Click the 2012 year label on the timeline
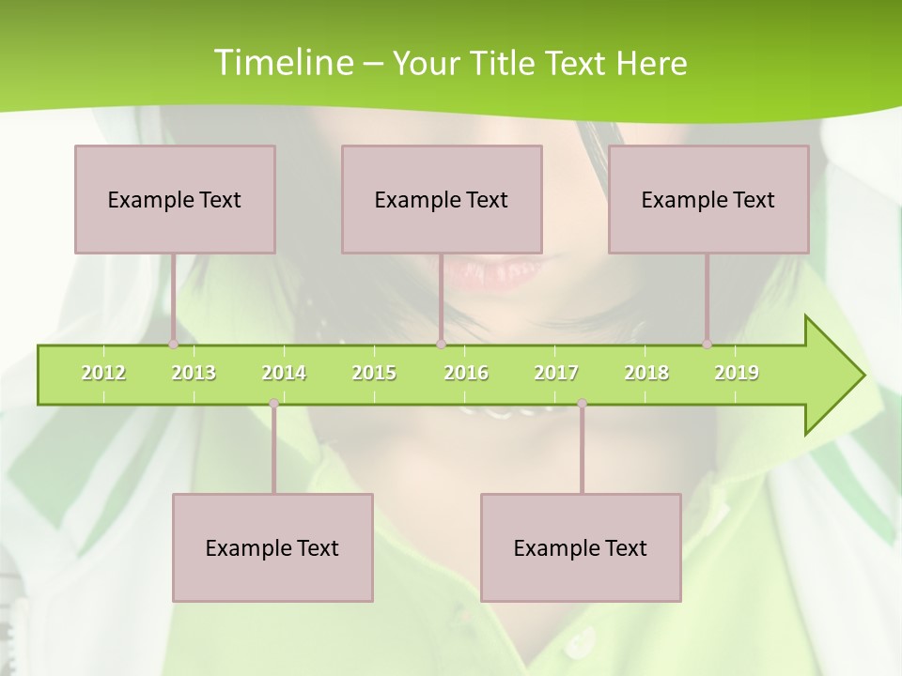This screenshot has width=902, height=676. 103,373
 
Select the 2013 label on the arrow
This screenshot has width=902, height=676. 194,373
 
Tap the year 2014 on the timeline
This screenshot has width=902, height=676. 284,373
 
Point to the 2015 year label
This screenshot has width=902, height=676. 374,373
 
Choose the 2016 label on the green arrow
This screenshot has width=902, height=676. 466,373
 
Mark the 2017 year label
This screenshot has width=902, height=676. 556,373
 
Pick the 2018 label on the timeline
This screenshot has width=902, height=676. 646,373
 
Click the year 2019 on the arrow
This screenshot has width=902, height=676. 737,373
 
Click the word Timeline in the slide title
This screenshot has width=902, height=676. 282,63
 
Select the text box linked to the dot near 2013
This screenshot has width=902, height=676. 175,199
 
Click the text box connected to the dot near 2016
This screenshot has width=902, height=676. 442,199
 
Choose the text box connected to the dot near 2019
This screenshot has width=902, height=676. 708,199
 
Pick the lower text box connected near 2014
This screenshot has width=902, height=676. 272,547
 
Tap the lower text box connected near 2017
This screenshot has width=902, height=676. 581,547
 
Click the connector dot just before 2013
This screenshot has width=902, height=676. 174,345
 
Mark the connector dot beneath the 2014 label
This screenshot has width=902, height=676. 273,404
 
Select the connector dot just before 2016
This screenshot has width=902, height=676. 441,345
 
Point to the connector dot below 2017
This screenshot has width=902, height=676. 582,404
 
